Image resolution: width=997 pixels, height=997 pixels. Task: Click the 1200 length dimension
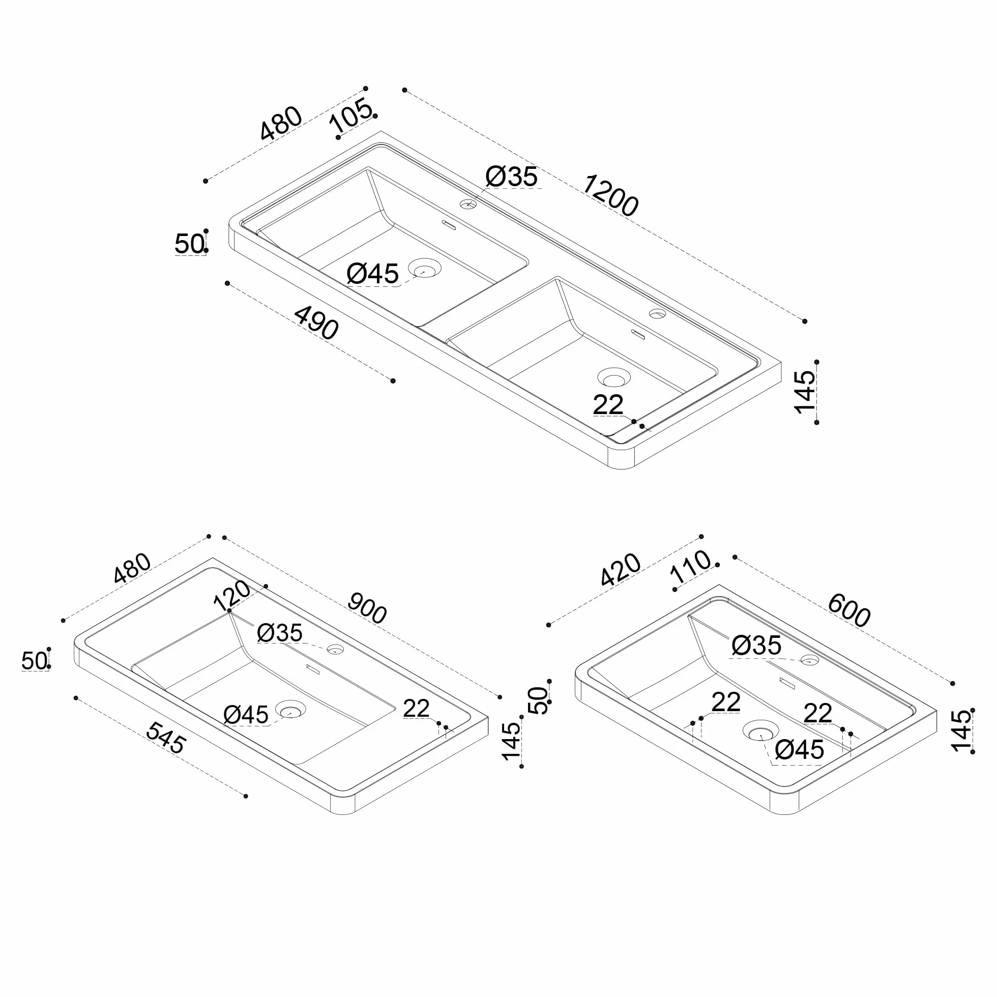click(x=610, y=195)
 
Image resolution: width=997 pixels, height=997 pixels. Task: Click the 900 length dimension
click(x=367, y=608)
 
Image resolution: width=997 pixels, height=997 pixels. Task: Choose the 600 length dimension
click(x=849, y=610)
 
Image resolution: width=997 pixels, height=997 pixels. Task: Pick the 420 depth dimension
click(x=620, y=570)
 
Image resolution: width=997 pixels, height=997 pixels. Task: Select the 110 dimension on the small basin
click(x=690, y=567)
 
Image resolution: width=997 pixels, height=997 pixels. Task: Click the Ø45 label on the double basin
click(x=372, y=274)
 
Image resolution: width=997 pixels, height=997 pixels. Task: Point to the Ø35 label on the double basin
click(x=511, y=177)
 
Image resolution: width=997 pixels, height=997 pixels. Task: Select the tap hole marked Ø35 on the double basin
click(x=468, y=204)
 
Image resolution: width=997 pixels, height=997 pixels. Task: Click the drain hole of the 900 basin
click(x=290, y=710)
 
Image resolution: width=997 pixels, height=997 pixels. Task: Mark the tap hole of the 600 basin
click(x=809, y=660)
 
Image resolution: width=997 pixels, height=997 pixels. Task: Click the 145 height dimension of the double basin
click(x=805, y=392)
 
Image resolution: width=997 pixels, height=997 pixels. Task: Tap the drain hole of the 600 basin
click(x=760, y=731)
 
